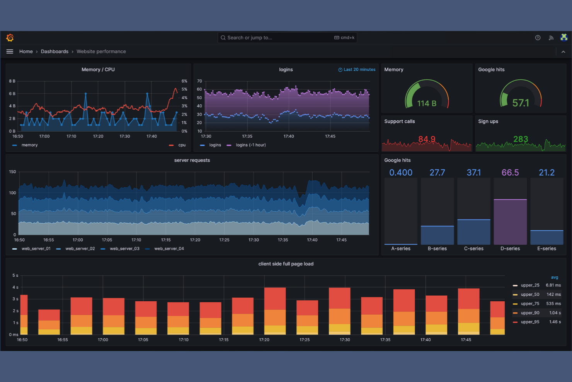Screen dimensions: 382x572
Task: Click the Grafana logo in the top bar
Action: point(10,38)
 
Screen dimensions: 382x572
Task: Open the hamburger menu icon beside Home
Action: point(10,51)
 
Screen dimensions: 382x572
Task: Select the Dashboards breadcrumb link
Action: point(54,51)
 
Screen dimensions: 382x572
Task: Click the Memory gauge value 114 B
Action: point(427,103)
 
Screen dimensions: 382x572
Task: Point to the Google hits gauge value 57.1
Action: point(520,103)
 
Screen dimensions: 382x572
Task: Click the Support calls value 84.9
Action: point(427,139)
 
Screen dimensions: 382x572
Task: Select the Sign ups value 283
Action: point(520,139)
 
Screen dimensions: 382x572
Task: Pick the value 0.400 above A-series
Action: point(401,173)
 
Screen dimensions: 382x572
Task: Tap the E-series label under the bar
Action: point(546,248)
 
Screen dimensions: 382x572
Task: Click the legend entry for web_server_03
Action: point(124,248)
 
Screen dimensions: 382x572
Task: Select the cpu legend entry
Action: point(182,145)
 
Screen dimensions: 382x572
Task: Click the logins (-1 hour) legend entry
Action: point(250,145)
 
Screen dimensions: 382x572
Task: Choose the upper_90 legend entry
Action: point(530,313)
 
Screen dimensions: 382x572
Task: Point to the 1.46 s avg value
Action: point(555,322)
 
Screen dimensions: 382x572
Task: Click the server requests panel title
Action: point(192,160)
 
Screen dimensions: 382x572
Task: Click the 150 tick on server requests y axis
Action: point(13,172)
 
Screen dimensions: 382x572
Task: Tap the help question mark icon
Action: point(538,38)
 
